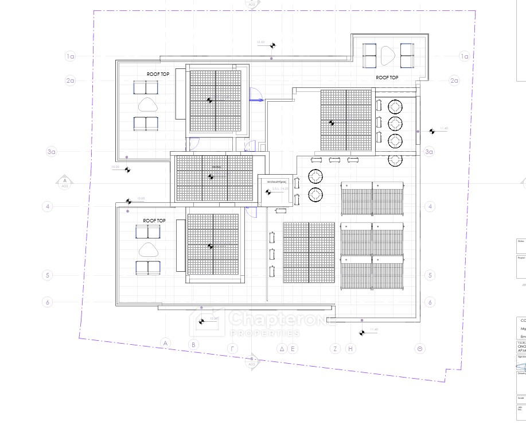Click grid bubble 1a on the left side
point(70,56)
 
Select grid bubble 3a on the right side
point(429,152)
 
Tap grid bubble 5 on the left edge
point(48,275)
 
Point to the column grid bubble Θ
point(421,348)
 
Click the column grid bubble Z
point(335,348)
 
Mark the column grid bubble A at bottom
point(165,344)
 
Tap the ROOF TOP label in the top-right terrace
point(387,77)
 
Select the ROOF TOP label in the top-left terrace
point(158,74)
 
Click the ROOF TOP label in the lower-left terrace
point(154,220)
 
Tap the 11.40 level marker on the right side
point(431,131)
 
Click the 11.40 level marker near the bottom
point(363,332)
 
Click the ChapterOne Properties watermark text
point(264,322)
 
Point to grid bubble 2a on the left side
point(70,81)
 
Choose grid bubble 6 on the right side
point(429,302)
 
